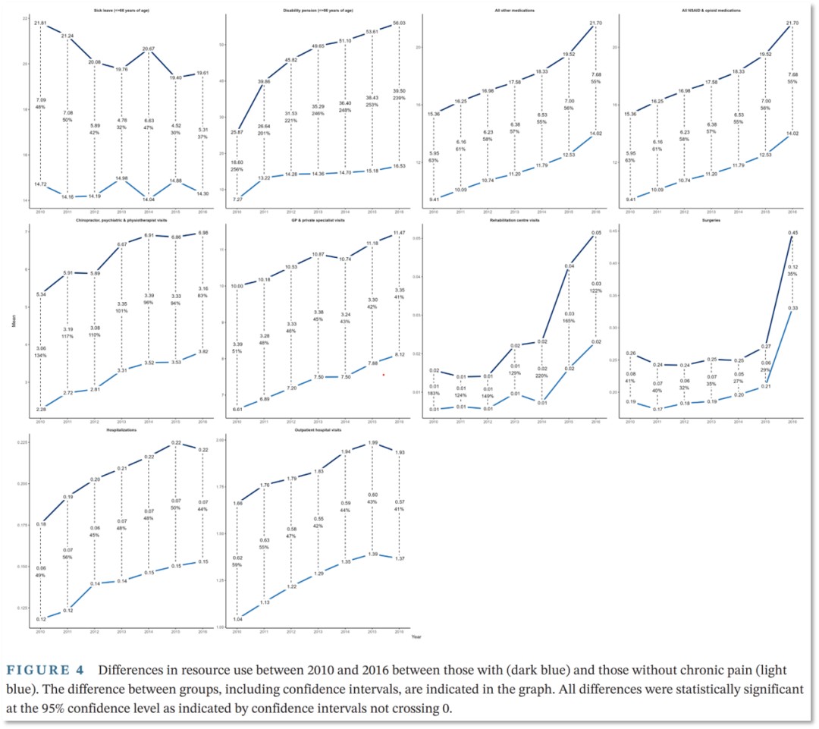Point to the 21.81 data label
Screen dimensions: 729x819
(x=41, y=23)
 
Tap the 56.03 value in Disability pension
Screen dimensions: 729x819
(x=399, y=24)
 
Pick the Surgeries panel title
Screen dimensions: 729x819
(x=711, y=221)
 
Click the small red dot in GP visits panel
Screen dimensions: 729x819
(x=384, y=375)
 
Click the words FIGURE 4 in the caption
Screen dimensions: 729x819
(x=51, y=671)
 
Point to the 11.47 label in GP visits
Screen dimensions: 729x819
(x=399, y=232)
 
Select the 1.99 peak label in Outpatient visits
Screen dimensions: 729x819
(x=373, y=442)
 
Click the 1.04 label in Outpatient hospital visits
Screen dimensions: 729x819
(x=238, y=620)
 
